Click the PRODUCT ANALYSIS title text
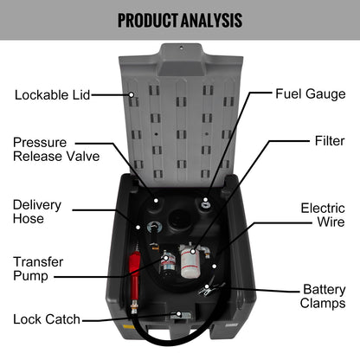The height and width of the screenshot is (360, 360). [x=179, y=19]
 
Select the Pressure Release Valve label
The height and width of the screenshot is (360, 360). [x=55, y=149]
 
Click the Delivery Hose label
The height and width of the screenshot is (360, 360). [x=37, y=212]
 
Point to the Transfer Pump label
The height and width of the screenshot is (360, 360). [x=37, y=268]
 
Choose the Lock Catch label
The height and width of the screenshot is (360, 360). [x=47, y=319]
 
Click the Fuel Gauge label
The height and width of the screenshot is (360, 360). [x=310, y=93]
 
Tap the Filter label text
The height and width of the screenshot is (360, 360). [x=330, y=139]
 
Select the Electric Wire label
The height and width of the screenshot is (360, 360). [x=323, y=215]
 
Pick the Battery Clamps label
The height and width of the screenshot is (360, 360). [x=324, y=296]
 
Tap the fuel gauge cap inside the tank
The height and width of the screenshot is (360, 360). [x=206, y=204]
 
